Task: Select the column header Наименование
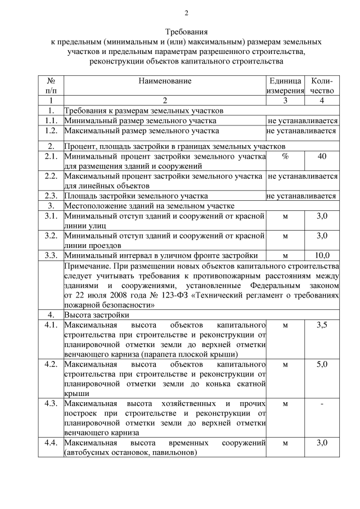pos(165,81)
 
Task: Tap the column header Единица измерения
pos(286,85)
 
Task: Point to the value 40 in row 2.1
pos(322,156)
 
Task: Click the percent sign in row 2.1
pos(285,156)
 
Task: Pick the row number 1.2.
pos(51,130)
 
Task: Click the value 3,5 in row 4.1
pos(322,325)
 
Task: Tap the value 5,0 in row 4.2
pos(322,364)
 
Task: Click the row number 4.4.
pos(51,443)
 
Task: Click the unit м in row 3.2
pos(285,235)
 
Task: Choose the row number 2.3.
pos(51,196)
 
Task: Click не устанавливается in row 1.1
pos(302,120)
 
